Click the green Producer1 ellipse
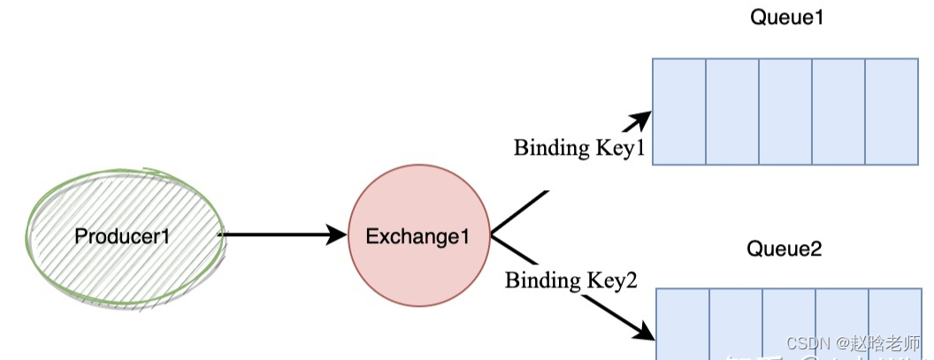124,212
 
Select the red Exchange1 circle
417,265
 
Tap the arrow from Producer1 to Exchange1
274,234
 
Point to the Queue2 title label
785,249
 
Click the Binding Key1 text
579,148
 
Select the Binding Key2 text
571,281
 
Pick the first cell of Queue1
679,111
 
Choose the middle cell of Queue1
785,111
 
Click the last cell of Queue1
892,111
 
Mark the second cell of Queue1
732,111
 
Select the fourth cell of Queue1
838,111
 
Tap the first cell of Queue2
683,323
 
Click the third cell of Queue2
789,323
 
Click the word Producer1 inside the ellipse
121,236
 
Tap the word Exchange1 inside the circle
416,236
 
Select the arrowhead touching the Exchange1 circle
337,234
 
